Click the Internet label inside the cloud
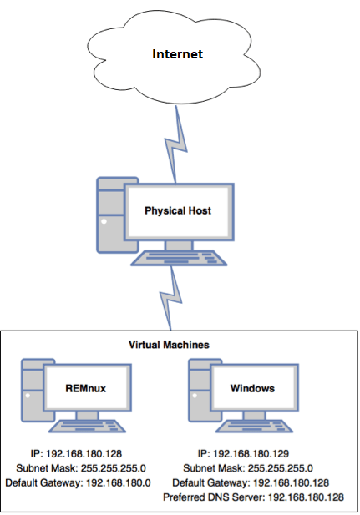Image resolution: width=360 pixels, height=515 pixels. tap(178, 54)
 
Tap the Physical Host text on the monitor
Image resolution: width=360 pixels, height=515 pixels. tap(178, 210)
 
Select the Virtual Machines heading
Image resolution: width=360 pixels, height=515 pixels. tap(169, 345)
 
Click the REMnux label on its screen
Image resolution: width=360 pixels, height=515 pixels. tap(86, 389)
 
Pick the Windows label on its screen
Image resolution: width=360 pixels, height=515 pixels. tap(252, 389)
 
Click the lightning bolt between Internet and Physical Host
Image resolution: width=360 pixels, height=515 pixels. tap(176, 144)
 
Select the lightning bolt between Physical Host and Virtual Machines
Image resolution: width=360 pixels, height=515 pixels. tap(171, 297)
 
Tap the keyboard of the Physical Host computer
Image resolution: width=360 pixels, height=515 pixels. tap(179, 258)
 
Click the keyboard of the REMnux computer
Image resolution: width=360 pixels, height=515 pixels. tap(87, 426)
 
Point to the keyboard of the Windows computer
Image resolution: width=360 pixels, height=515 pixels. tap(254, 426)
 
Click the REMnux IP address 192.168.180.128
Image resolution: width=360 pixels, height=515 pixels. tap(84, 454)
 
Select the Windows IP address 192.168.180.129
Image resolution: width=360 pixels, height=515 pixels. tap(251, 454)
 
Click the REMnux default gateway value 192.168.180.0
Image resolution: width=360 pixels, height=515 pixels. tap(119, 482)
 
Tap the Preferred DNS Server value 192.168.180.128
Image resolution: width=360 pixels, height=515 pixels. tap(306, 497)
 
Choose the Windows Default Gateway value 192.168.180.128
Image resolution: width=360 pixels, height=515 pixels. tap(291, 482)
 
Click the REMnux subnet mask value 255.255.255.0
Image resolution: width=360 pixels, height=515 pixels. tap(114, 468)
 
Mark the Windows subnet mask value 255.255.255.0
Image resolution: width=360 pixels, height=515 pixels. tap(281, 468)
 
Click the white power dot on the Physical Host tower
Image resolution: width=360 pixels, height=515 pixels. tap(104, 221)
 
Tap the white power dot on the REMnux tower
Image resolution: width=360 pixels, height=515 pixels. tap(28, 396)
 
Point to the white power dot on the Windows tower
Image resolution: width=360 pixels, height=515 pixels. tap(195, 396)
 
